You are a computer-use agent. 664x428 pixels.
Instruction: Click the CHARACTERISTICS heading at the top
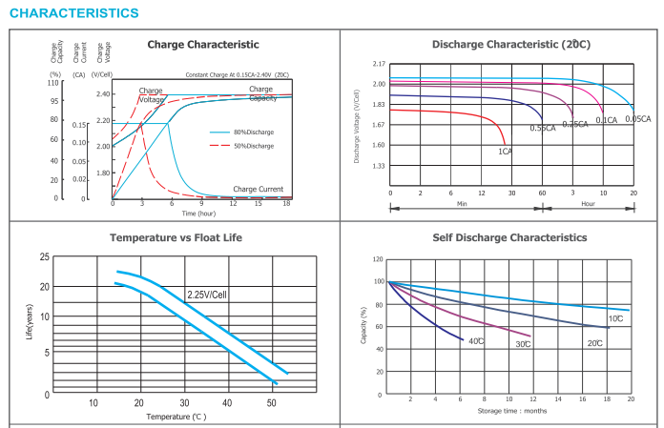[73, 13]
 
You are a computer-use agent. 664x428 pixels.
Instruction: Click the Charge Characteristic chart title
[202, 45]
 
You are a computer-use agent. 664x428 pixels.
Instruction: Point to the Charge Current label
[258, 190]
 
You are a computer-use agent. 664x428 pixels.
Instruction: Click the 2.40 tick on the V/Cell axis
[103, 93]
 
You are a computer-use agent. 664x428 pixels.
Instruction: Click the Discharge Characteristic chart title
[510, 45]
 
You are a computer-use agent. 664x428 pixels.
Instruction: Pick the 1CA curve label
[505, 151]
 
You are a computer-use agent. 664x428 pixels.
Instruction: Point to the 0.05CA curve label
[637, 119]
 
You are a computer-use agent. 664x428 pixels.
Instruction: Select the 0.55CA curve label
[543, 128]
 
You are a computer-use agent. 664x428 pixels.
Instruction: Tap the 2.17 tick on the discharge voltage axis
[379, 63]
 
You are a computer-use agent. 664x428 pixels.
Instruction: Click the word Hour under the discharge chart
[588, 204]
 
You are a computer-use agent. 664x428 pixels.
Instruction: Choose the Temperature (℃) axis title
[176, 417]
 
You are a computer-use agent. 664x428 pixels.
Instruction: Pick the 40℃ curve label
[476, 340]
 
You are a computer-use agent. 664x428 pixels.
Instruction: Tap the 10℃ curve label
[615, 318]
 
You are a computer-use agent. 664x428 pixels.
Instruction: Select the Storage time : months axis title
[511, 411]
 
